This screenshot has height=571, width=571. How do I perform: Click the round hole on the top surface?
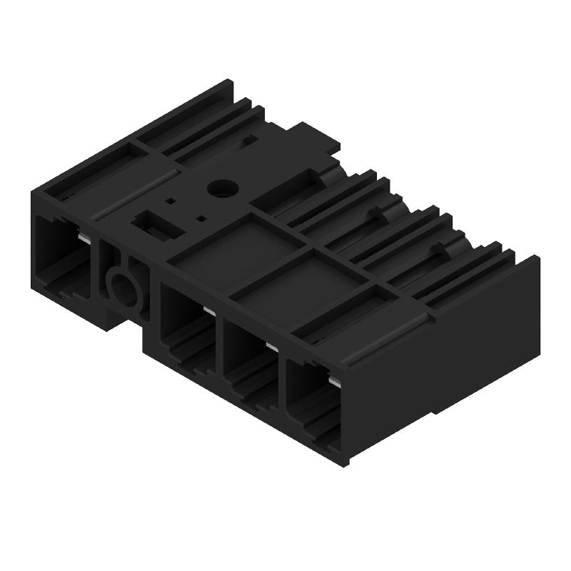pos(216,188)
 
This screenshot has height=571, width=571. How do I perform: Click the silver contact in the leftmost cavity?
pos(85,238)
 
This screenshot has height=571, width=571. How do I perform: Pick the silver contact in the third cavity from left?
pos(272,346)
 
